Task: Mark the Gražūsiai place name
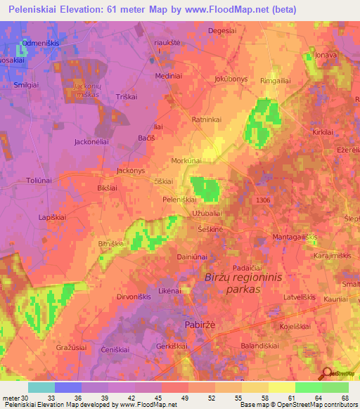tap(70, 347)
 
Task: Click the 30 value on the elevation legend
tap(27, 398)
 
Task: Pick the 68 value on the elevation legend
tap(344, 398)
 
